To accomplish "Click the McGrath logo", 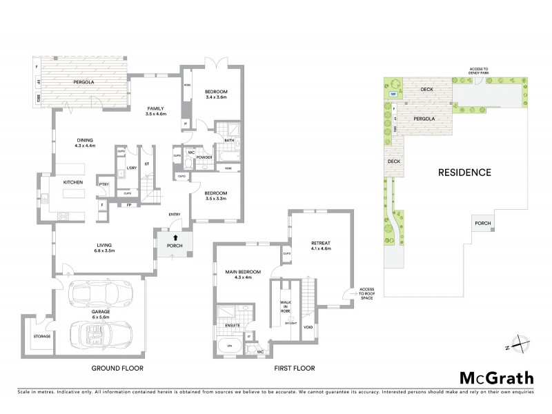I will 496,377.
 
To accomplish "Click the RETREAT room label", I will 321,242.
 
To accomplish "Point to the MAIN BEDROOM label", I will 241,272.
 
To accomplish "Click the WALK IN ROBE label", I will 284,306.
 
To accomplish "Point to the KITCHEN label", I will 73,182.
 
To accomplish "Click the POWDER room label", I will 204,157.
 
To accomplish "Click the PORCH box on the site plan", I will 482,223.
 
